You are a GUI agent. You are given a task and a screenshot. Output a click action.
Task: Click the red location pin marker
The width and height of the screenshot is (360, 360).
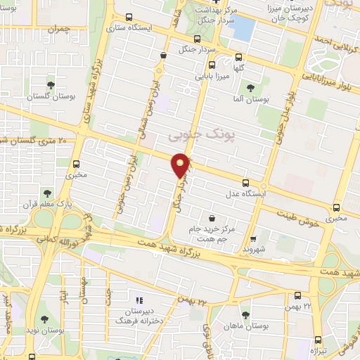tap(182, 165)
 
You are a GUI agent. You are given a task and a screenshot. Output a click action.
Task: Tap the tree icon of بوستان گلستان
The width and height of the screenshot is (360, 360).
tap(50, 86)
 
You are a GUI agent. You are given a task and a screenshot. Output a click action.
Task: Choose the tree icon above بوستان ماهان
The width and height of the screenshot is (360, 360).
tap(245, 316)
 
